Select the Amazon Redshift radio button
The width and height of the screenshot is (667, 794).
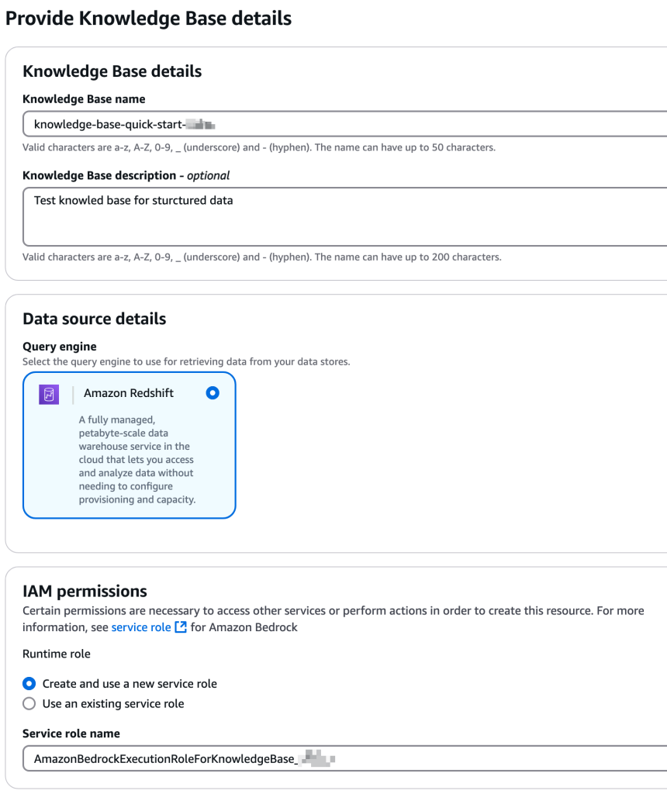[x=213, y=393]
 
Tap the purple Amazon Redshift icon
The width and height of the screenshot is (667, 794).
[x=49, y=394]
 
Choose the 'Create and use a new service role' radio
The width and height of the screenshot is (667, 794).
[x=29, y=684]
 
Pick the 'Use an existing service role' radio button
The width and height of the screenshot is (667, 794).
[x=29, y=704]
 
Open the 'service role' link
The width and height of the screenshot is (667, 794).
[x=141, y=627]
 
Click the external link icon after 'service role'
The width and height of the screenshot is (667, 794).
[x=181, y=627]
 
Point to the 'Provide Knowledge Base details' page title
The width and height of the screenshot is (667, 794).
[x=149, y=18]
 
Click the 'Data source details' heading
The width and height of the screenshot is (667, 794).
[x=95, y=319]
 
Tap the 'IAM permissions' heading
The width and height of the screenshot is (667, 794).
[x=85, y=591]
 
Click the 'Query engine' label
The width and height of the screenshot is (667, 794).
[x=60, y=347]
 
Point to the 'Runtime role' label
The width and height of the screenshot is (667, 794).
[x=57, y=654]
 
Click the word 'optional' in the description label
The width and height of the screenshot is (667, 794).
[x=208, y=175]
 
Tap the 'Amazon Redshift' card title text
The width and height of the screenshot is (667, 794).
[x=129, y=393]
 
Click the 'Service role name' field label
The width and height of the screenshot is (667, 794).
[x=71, y=734]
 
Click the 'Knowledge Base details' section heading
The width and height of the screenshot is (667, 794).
[x=112, y=71]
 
